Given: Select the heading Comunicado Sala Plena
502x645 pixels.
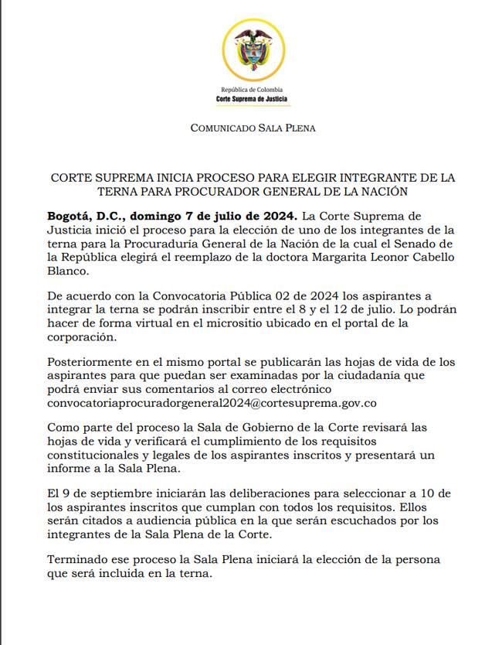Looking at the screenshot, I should tap(253, 128).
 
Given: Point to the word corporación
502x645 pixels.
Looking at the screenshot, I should tap(83, 338).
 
